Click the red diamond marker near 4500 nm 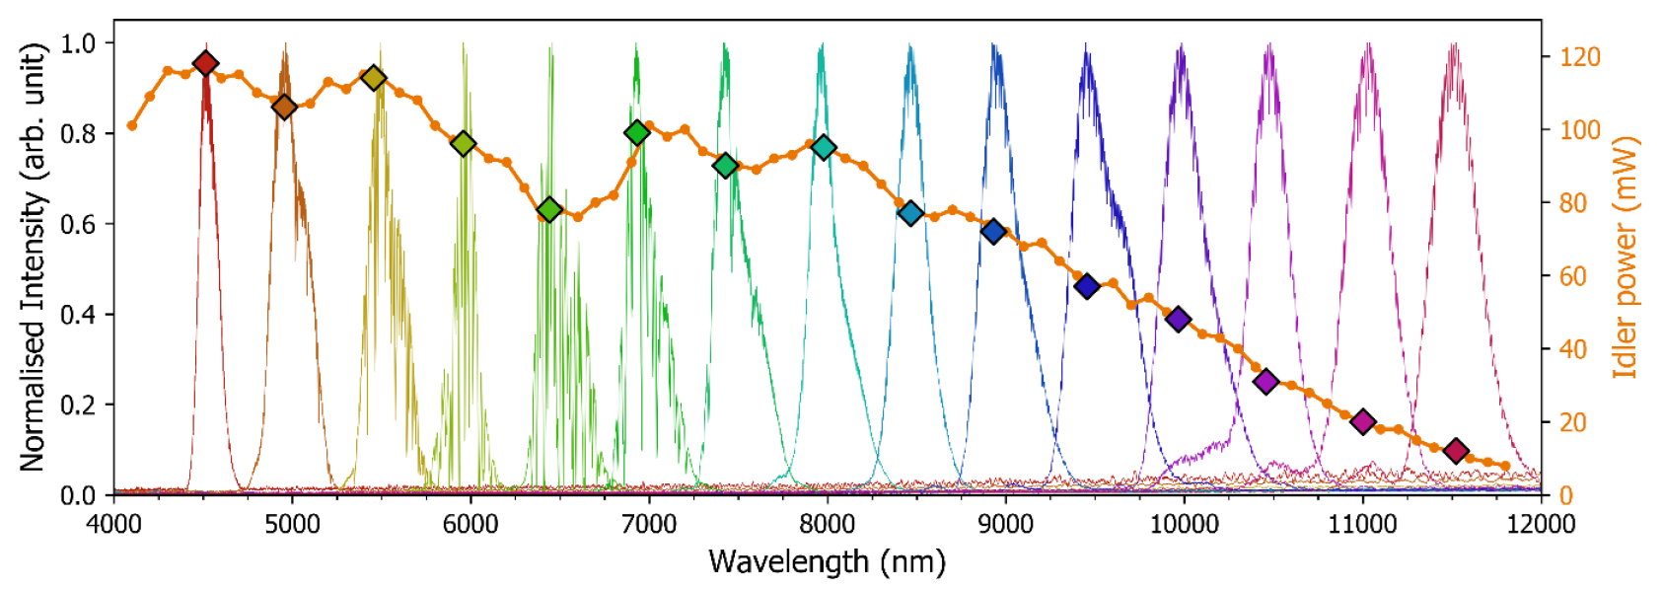pos(205,63)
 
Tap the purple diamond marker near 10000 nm pos(1178,319)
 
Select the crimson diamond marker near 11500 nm pos(1456,451)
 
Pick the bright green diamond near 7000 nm pos(637,132)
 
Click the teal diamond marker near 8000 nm pos(824,148)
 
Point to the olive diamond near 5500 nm pos(373,77)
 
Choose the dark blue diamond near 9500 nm pos(1087,286)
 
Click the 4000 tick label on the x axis pos(114,524)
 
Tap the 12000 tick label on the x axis pos(1541,524)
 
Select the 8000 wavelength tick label pos(827,524)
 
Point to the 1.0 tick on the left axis pos(78,43)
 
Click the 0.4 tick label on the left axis pos(78,315)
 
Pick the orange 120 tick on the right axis pos(1579,57)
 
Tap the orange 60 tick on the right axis pos(1573,276)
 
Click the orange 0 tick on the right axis pos(1565,495)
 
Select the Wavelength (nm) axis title pos(827,561)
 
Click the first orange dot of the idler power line pos(132,125)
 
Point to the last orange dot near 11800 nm pos(1505,466)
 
